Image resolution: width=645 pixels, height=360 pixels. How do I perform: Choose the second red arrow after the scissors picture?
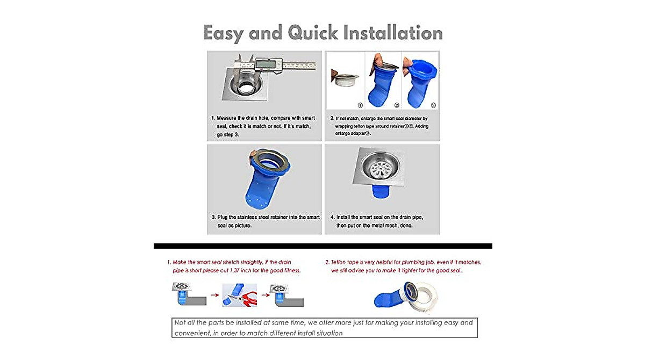click(264, 295)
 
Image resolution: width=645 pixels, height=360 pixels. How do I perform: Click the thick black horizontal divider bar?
click(322, 246)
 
